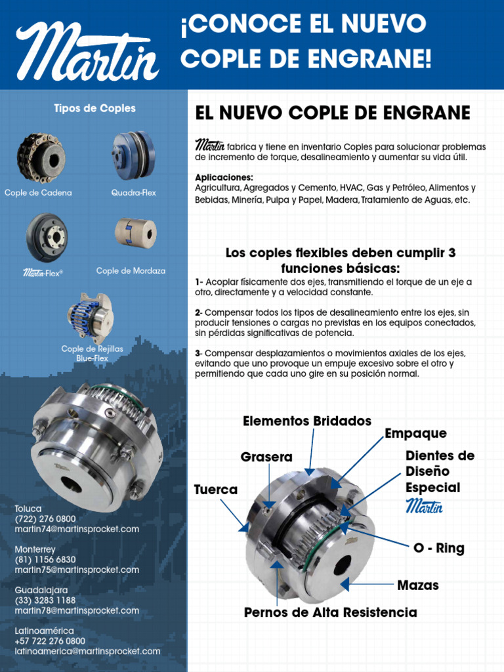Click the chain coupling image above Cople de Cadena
[x=41, y=158]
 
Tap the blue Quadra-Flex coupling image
[x=133, y=156]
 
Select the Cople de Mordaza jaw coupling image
[x=136, y=233]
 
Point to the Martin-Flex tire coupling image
[x=47, y=238]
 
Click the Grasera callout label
[x=266, y=457]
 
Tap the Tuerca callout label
[x=216, y=490]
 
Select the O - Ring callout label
[x=438, y=548]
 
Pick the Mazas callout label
[x=418, y=585]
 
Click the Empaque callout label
[x=415, y=433]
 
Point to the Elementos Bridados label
[x=306, y=421]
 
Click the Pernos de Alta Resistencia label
[x=330, y=612]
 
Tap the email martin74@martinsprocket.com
[x=77, y=529]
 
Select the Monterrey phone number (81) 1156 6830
[x=45, y=560]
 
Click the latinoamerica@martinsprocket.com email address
[x=87, y=651]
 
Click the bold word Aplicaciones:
[x=224, y=178]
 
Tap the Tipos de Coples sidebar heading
[x=94, y=108]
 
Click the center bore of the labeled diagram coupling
[x=342, y=566]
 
